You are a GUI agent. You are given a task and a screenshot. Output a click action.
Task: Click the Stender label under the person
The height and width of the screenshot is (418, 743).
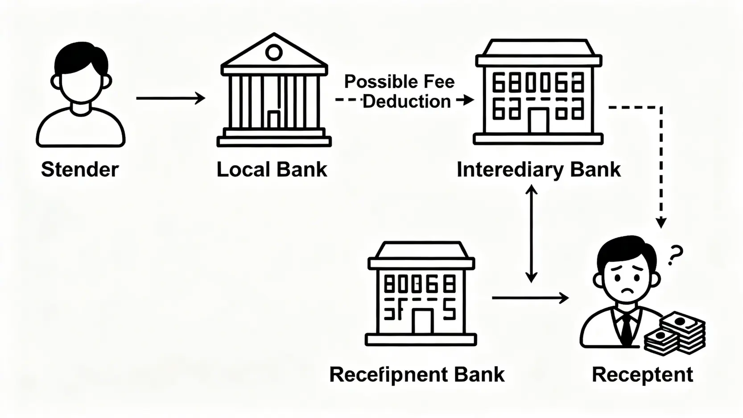(x=80, y=170)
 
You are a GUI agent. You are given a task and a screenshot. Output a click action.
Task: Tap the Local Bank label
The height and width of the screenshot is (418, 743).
(x=272, y=170)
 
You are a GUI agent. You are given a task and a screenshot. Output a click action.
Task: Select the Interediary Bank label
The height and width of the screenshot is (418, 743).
(x=538, y=170)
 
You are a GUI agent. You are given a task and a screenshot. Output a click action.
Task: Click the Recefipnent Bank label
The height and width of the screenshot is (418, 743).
(x=417, y=374)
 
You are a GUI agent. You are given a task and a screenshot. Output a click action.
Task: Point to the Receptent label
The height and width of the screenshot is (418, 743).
(x=642, y=374)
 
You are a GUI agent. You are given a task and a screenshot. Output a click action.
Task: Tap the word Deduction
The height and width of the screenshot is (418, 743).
(x=406, y=102)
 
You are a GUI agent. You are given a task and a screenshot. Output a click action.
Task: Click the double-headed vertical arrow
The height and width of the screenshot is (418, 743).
(x=531, y=234)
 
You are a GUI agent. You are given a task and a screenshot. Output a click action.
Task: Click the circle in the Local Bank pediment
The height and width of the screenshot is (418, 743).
(x=273, y=53)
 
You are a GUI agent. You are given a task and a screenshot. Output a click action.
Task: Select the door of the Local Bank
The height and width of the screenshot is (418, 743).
(x=273, y=119)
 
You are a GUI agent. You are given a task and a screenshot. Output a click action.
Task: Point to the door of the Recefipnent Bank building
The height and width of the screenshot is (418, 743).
(x=422, y=321)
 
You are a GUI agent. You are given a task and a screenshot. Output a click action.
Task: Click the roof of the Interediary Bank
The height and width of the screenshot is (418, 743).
(x=539, y=48)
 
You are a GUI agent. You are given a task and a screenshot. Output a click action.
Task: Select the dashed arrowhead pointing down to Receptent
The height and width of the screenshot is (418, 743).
(x=661, y=222)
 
